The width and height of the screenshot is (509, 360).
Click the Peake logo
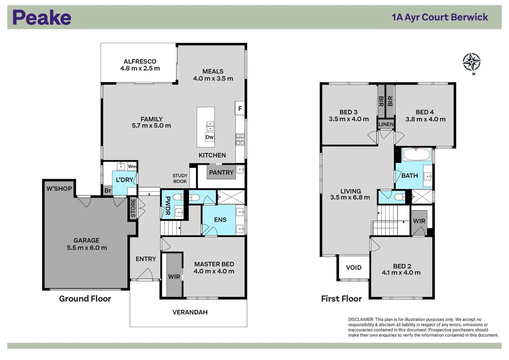tap(42, 18)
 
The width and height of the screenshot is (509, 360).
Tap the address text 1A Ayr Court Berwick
tap(440, 17)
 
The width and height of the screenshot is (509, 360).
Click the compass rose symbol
tap(471, 62)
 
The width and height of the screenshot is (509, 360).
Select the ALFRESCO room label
tap(140, 62)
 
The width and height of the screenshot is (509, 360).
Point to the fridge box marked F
tap(240, 109)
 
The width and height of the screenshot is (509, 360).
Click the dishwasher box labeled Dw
tap(210, 137)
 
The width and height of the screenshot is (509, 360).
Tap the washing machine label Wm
tap(132, 166)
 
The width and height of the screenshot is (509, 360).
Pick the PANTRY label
tap(221, 173)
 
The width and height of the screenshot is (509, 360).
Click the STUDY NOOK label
tap(180, 178)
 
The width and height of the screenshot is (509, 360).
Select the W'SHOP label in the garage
tap(59, 189)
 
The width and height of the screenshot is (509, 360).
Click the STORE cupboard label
tap(133, 208)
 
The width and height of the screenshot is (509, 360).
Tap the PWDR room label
tap(168, 206)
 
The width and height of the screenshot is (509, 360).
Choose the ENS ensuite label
tap(220, 220)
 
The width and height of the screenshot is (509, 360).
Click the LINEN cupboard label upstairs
tap(386, 124)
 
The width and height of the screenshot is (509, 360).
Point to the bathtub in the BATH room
tap(416, 155)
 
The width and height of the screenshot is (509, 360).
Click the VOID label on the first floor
tap(353, 268)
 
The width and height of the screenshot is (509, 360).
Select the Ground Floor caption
tap(85, 299)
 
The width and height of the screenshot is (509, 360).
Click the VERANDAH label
tap(190, 312)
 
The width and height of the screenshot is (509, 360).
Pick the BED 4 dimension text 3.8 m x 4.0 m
tap(425, 119)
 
